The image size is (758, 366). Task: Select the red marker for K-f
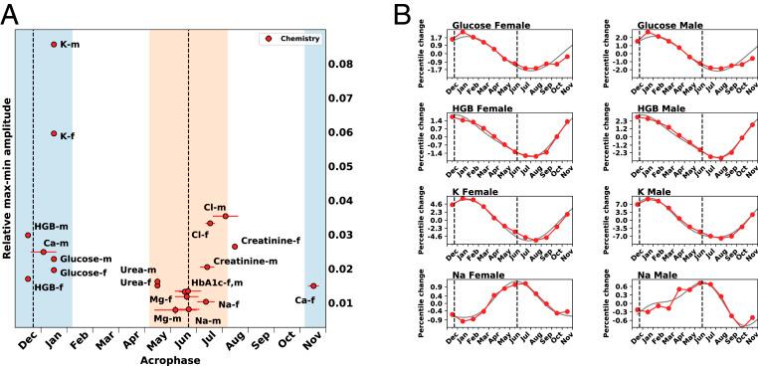tap(54, 133)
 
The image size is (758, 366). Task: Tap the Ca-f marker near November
tap(312, 286)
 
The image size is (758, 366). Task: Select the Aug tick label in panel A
tap(235, 338)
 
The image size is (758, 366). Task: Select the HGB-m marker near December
tap(28, 236)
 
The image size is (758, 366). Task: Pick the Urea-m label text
tap(138, 270)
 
